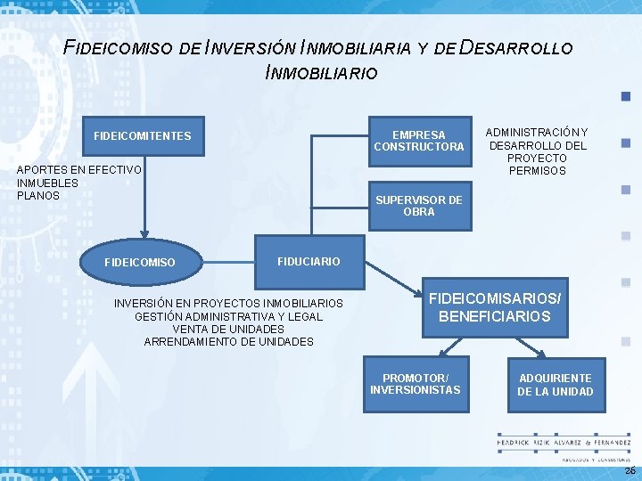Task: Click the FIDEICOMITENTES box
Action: pyautogui.click(x=142, y=135)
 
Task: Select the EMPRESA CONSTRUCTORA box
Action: pyautogui.click(x=418, y=141)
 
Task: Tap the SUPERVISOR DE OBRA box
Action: pyautogui.click(x=418, y=206)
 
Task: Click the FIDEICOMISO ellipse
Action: pyautogui.click(x=140, y=262)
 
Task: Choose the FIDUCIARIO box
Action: pyautogui.click(x=309, y=261)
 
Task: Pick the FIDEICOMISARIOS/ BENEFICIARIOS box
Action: pyautogui.click(x=494, y=307)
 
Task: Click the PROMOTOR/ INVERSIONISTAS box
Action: pyautogui.click(x=415, y=384)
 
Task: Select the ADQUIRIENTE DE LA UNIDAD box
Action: pyautogui.click(x=555, y=385)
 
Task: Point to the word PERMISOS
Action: pyautogui.click(x=537, y=170)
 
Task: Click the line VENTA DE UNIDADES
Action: pyautogui.click(x=228, y=329)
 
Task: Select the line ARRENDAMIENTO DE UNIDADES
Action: pyautogui.click(x=228, y=341)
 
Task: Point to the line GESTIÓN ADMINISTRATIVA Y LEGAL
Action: pyautogui.click(x=228, y=316)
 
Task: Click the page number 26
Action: pyautogui.click(x=630, y=469)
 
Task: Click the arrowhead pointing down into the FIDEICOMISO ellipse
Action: pyautogui.click(x=141, y=233)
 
